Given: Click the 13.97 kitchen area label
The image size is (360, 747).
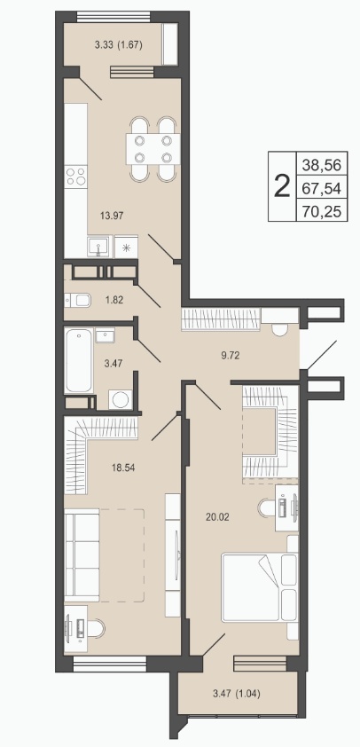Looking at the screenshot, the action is [112, 216].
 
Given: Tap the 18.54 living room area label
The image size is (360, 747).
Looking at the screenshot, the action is [123, 468].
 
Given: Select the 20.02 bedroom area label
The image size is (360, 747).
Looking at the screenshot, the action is [217, 516].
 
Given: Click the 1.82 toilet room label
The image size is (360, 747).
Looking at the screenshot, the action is [114, 300].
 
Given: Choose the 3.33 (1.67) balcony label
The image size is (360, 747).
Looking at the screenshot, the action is [119, 45].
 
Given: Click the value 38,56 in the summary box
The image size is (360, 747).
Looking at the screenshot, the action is [321, 165].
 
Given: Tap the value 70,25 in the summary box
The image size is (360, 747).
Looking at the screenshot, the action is [321, 210].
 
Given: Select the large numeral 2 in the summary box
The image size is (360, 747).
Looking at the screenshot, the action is [283, 186].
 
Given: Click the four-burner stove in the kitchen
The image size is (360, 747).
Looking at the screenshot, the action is [75, 177].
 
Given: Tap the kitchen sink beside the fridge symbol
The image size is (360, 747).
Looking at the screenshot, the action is [99, 247].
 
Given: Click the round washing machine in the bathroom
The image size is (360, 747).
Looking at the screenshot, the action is [120, 399].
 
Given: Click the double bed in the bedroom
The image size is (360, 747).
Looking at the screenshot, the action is [260, 587].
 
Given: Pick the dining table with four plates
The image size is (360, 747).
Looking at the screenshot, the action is [153, 149].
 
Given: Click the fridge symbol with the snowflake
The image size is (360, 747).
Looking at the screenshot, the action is [127, 247].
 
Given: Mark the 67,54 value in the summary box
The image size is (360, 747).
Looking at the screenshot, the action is [321, 189].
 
